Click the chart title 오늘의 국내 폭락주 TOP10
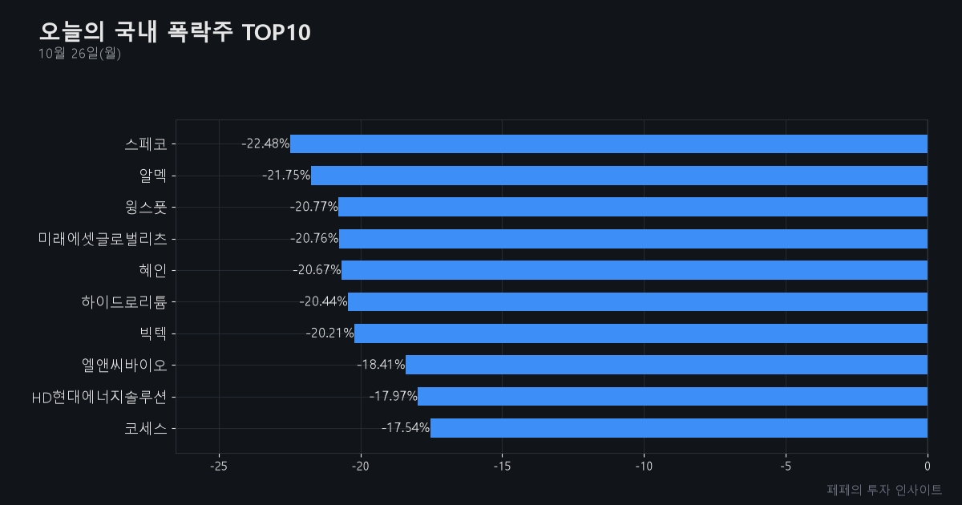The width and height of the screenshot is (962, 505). click(x=175, y=32)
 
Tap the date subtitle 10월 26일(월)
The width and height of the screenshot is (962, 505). click(x=79, y=54)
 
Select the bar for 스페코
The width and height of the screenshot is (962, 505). click(x=608, y=143)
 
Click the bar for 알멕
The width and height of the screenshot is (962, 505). click(x=619, y=176)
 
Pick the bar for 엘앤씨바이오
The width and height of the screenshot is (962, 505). click(x=666, y=365)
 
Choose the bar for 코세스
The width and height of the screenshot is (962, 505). click(x=679, y=428)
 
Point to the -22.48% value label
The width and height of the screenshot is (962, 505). click(x=265, y=143)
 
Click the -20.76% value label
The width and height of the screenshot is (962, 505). click(x=314, y=238)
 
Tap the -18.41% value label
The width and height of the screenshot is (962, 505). click(x=381, y=365)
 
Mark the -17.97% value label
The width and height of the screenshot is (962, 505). click(x=394, y=396)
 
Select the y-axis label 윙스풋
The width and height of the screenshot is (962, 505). click(x=146, y=208)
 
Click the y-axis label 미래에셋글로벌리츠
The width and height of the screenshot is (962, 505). click(x=103, y=239)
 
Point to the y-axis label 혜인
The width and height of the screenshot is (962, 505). click(x=153, y=271)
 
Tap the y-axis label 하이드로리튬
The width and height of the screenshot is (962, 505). click(x=124, y=302)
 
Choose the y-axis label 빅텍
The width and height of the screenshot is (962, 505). click(x=153, y=333)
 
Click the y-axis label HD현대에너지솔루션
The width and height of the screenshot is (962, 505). click(x=99, y=398)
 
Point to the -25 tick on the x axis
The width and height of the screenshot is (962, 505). click(x=219, y=467)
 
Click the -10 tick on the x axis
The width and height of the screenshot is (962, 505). click(x=644, y=467)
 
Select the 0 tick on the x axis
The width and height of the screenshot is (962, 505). click(x=928, y=467)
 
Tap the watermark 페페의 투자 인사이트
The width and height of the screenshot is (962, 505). click(x=884, y=490)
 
